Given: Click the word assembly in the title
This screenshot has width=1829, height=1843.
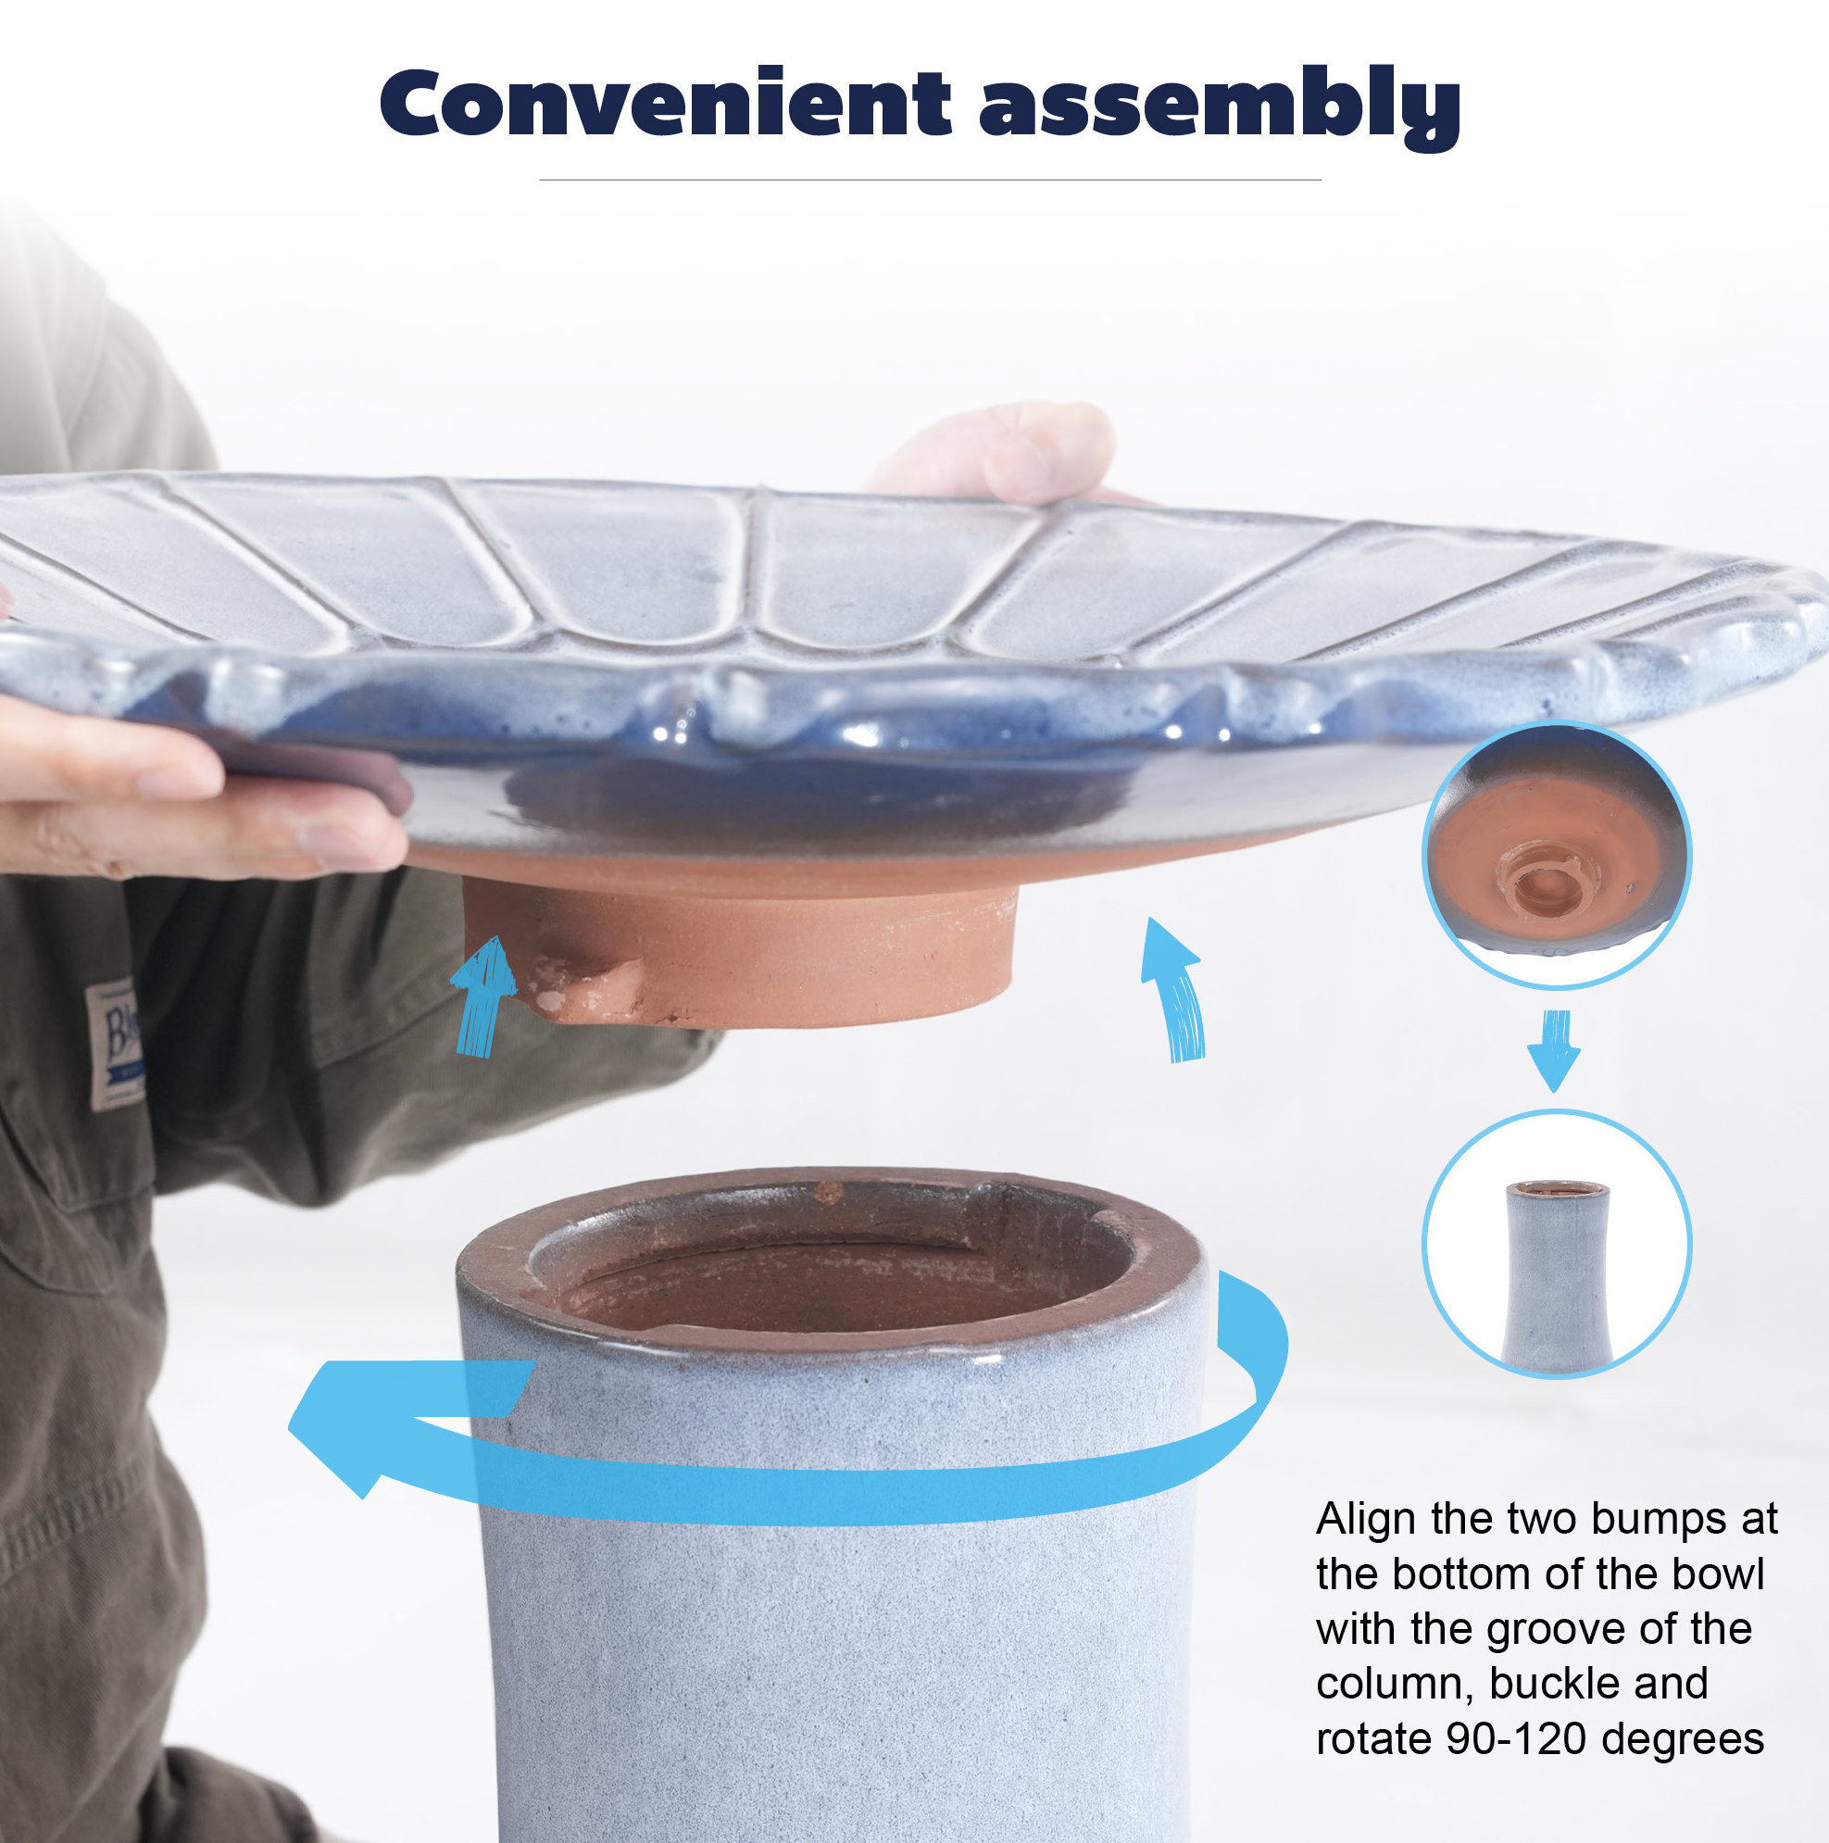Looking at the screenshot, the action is coord(1220,107).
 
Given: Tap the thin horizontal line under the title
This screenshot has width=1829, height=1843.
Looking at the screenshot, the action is coord(930,180).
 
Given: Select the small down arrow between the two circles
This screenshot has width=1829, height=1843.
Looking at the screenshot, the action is coord(1554,1050).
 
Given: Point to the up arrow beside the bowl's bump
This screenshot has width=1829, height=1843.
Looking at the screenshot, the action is coord(483,996).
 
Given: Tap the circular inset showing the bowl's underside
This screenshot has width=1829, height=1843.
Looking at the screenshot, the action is coord(1556,856).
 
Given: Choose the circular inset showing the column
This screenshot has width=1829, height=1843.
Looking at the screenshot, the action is coord(1556,1244).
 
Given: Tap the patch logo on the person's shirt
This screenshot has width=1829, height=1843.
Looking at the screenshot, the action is coord(115,1044).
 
